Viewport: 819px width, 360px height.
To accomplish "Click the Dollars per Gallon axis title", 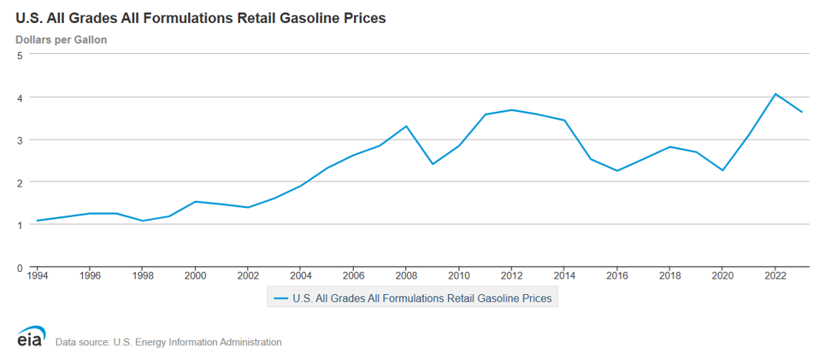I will tap(61, 39).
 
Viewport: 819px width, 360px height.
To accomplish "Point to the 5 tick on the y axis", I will tap(20, 55).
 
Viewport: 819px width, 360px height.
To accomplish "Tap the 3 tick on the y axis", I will tap(20, 139).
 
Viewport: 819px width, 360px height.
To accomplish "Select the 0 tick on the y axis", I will tap(20, 268).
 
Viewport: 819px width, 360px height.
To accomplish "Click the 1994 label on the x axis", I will tap(38, 276).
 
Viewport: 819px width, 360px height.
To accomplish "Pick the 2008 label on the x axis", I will tap(406, 276).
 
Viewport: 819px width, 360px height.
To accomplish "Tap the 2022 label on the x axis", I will tap(775, 276).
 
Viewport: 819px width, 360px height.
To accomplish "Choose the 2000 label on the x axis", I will tap(196, 276).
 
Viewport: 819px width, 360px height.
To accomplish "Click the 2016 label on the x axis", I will tap(616, 276).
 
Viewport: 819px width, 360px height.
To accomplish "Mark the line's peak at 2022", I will tap(775, 94).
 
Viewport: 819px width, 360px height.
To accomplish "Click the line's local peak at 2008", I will tap(406, 127).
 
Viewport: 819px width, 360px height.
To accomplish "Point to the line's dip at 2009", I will tap(433, 163).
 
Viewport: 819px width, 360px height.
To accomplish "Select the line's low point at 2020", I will tap(722, 170).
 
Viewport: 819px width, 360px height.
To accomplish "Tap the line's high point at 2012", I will tap(511, 109).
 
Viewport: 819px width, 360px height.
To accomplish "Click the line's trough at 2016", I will tap(616, 171).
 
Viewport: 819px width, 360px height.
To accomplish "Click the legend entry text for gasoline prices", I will tap(422, 298).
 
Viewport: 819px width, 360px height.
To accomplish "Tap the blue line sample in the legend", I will tap(280, 298).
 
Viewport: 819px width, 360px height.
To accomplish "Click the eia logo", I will tap(32, 337).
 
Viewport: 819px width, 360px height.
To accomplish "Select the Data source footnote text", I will tap(168, 342).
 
